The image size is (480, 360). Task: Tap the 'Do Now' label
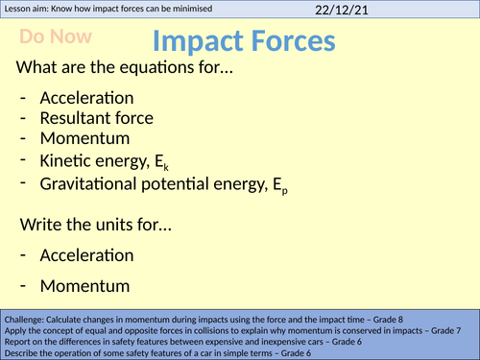point(53,38)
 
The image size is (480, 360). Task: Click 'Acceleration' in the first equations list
point(86,98)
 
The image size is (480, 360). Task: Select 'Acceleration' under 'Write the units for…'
point(86,255)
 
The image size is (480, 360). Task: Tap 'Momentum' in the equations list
point(82,139)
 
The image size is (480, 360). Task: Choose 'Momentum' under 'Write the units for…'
point(82,286)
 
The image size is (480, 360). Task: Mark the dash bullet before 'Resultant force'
point(22,118)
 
